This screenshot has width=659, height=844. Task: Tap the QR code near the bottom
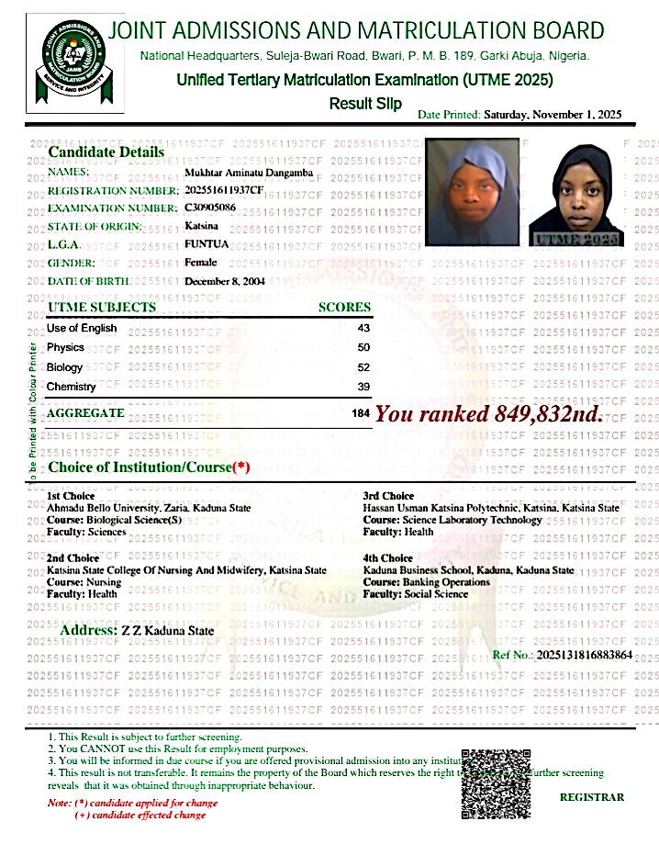tap(497, 783)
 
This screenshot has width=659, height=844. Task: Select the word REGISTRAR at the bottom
tap(591, 797)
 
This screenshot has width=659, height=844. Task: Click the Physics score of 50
tap(363, 348)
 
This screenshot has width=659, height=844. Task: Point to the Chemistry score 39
tap(363, 388)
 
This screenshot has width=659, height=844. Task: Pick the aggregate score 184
tap(361, 414)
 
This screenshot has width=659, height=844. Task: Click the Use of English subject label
tap(82, 328)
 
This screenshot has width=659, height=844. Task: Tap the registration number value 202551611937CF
tap(224, 190)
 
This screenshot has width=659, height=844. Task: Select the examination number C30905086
tap(210, 208)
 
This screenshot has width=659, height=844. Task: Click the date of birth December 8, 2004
tap(225, 281)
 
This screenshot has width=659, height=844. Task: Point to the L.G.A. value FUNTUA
tap(207, 244)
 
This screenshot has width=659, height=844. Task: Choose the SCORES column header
tap(344, 308)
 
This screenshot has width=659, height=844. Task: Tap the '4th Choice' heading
tap(388, 558)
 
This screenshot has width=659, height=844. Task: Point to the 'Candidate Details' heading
tap(106, 152)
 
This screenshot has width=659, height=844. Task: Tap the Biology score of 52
tap(363, 367)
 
